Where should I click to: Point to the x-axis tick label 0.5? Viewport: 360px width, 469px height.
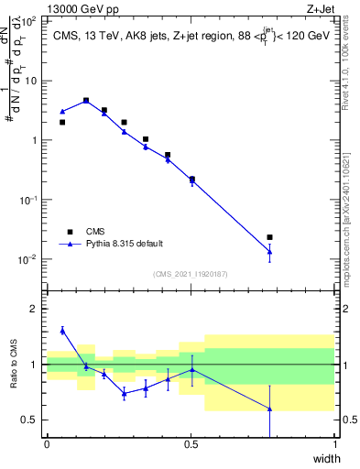coord(191,444)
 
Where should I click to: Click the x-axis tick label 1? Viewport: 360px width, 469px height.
coord(334,444)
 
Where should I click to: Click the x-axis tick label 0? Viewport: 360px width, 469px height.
coord(47,444)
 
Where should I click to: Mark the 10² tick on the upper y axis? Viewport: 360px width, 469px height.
coord(31,20)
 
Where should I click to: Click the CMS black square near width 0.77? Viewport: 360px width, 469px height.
coord(269,237)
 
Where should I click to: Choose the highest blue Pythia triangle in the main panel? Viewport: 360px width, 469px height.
coord(86,101)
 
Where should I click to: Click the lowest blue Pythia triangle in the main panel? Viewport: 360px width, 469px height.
coord(269,251)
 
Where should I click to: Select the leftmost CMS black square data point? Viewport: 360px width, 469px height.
coord(62,122)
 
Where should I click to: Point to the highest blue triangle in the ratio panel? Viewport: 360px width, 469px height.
coord(62,330)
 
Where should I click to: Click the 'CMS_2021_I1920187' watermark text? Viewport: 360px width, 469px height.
coord(190,274)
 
